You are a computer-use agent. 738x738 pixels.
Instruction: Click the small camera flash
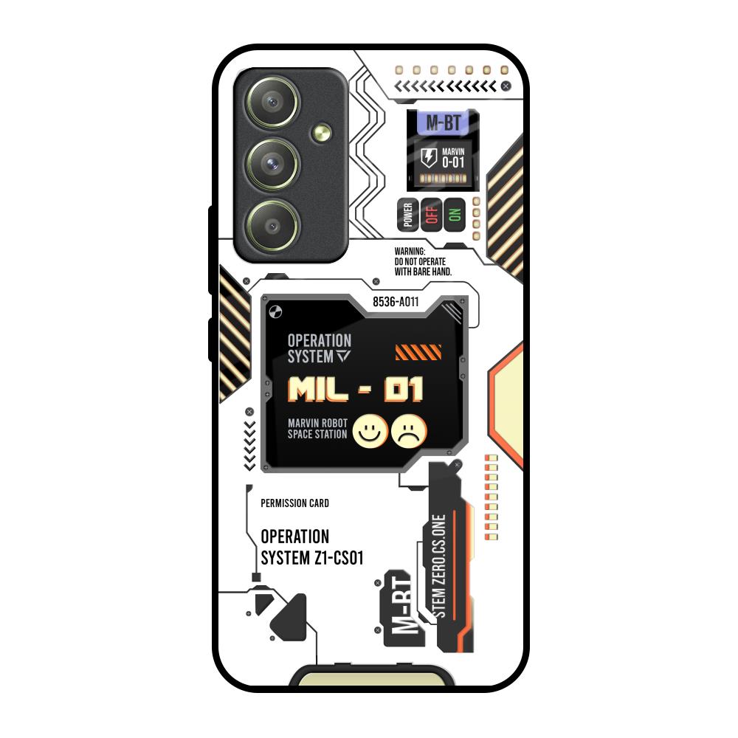(x=320, y=133)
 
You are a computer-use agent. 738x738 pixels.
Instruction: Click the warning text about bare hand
(x=423, y=261)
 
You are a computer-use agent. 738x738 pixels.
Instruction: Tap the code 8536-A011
(x=396, y=301)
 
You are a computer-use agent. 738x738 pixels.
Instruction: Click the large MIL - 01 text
(x=355, y=390)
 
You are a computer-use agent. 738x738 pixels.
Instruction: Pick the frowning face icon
(x=409, y=431)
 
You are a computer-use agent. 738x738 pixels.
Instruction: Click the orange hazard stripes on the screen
(x=418, y=352)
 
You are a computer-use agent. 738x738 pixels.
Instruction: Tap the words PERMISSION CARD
(x=295, y=503)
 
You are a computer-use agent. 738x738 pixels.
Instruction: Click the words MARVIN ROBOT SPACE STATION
(x=317, y=429)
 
